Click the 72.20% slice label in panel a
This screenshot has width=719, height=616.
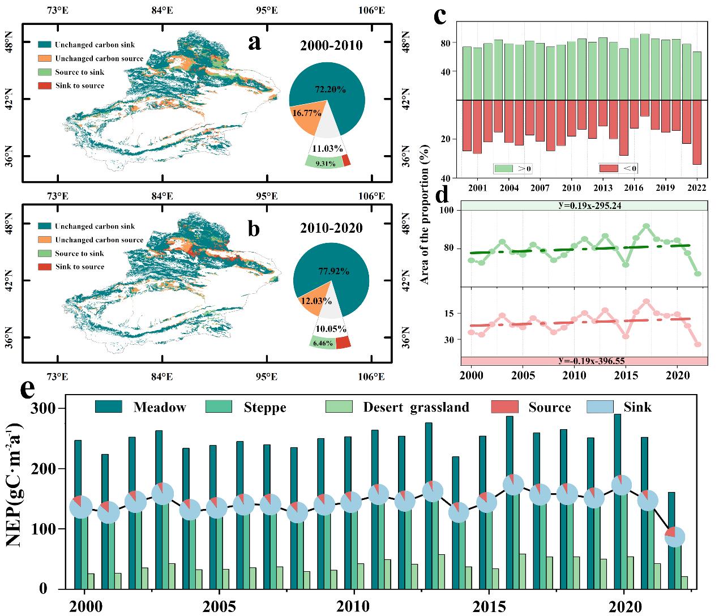(331, 89)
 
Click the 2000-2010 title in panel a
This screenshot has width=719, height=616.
(331, 45)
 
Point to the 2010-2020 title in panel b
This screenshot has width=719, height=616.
(331, 228)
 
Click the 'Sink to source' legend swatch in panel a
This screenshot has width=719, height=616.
(45, 85)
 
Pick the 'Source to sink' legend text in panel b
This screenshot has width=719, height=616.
(79, 254)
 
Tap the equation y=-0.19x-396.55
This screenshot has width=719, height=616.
(583, 361)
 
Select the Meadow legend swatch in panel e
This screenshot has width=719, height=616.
(108, 407)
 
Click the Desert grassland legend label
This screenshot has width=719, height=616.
(416, 407)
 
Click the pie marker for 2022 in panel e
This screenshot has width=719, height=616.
(675, 536)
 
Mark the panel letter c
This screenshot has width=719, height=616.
(442, 16)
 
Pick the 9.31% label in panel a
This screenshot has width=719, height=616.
(324, 164)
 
